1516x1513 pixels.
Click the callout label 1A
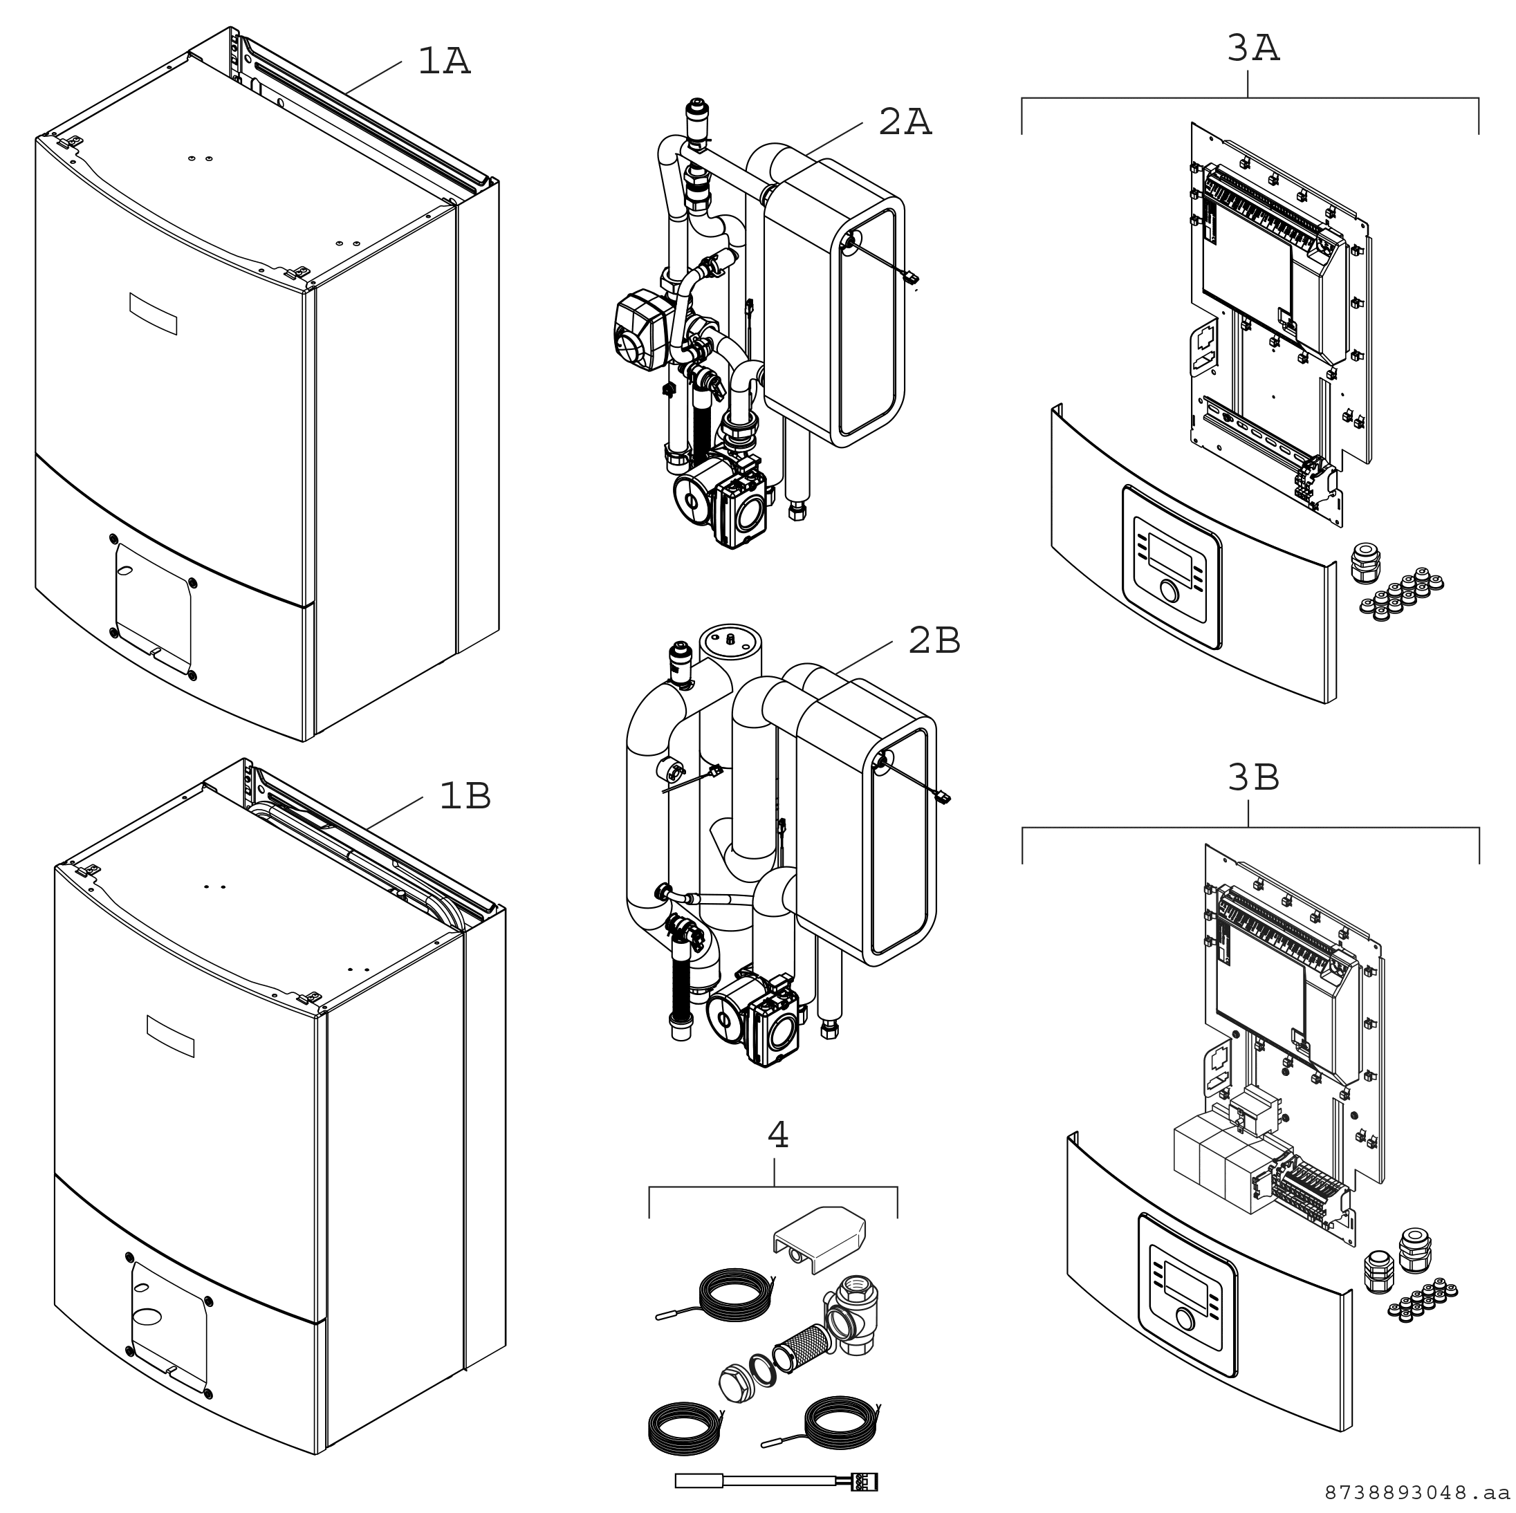point(443,62)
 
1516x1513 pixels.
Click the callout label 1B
point(465,796)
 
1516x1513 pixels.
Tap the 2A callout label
point(904,122)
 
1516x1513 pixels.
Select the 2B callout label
point(934,640)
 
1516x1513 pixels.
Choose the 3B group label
point(1252,777)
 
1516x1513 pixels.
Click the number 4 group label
point(777,1135)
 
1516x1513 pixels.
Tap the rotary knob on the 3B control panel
point(1185,1319)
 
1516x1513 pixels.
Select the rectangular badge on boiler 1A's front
point(153,313)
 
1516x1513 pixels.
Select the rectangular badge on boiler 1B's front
point(170,1036)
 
